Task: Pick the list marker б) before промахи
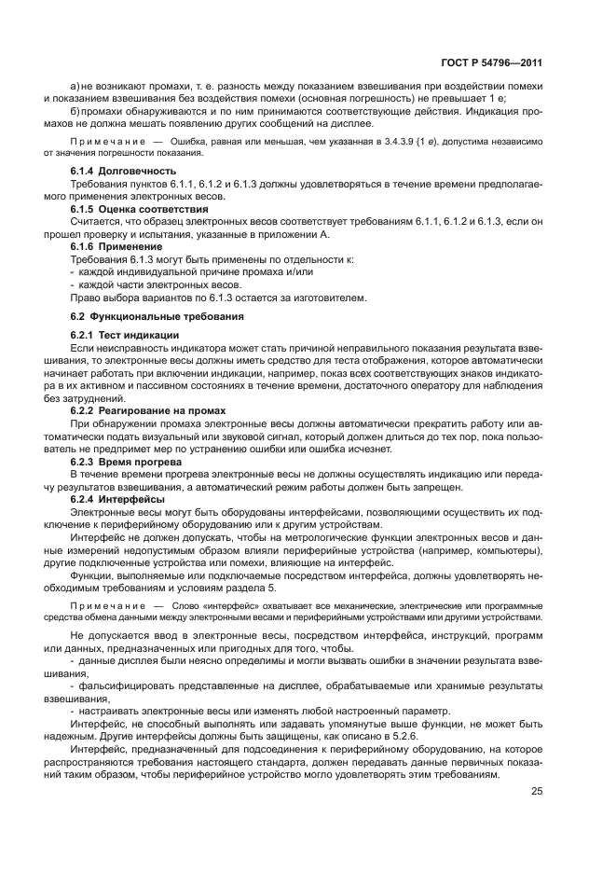[x=76, y=111]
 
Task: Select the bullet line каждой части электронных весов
[x=147, y=284]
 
